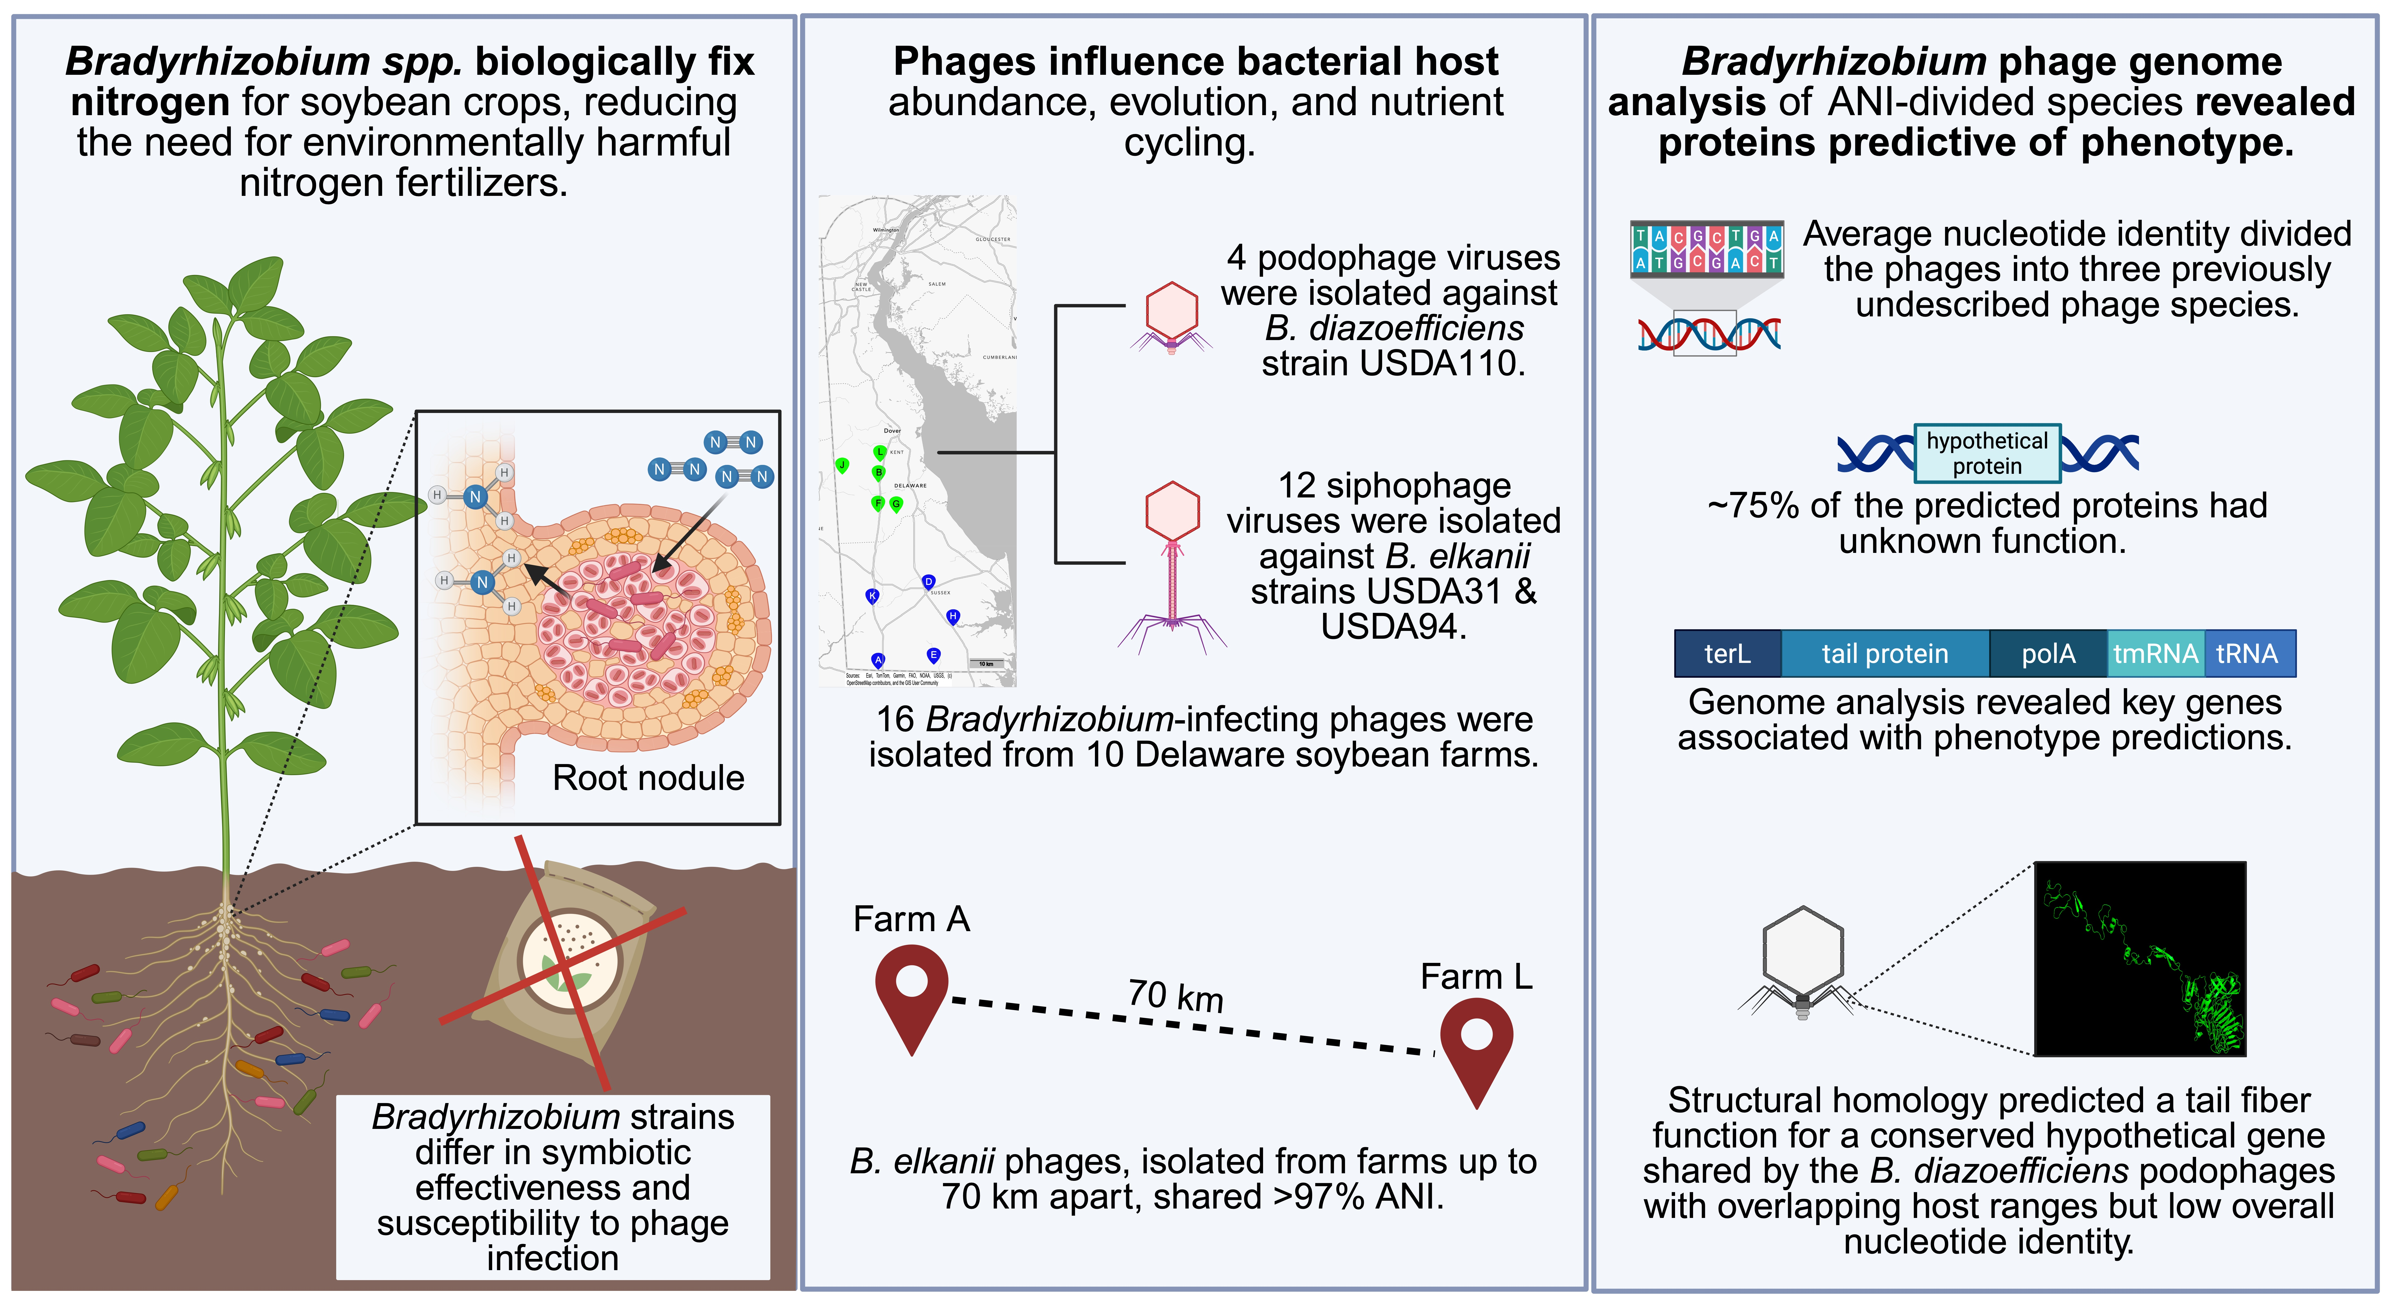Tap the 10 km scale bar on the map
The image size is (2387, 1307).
[x=987, y=664]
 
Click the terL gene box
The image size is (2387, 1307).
[x=1727, y=653]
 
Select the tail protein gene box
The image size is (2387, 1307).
[x=1885, y=653]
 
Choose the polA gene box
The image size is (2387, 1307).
[x=2048, y=653]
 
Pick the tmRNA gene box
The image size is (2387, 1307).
[x=2155, y=653]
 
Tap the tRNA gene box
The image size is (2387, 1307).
[x=2247, y=653]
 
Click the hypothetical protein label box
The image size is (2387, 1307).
[x=1987, y=453]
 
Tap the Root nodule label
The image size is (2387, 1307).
[x=648, y=778]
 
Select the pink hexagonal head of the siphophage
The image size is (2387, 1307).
[x=1172, y=510]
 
